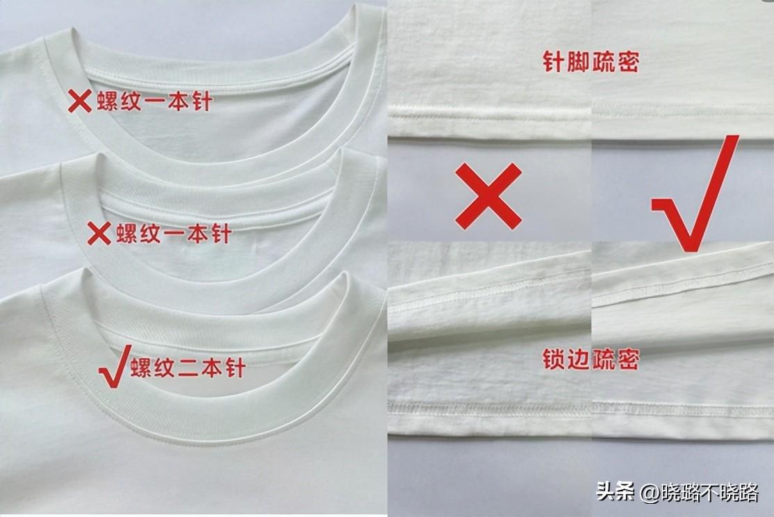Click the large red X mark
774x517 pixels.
(488, 196)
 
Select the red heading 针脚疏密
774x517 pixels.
(591, 61)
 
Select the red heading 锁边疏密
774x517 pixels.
(591, 359)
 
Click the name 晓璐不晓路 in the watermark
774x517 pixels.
(710, 492)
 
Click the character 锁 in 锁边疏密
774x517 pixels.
(554, 359)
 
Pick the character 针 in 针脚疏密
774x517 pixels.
(554, 61)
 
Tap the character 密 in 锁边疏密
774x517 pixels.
(628, 359)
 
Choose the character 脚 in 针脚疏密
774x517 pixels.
(579, 61)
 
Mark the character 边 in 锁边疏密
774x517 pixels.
(579, 359)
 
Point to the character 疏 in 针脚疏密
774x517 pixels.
(603, 61)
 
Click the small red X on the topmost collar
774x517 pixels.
(79, 101)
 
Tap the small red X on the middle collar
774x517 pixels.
(99, 233)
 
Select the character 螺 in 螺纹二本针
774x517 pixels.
(142, 368)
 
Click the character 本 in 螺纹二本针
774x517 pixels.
(212, 368)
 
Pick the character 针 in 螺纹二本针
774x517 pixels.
(235, 368)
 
